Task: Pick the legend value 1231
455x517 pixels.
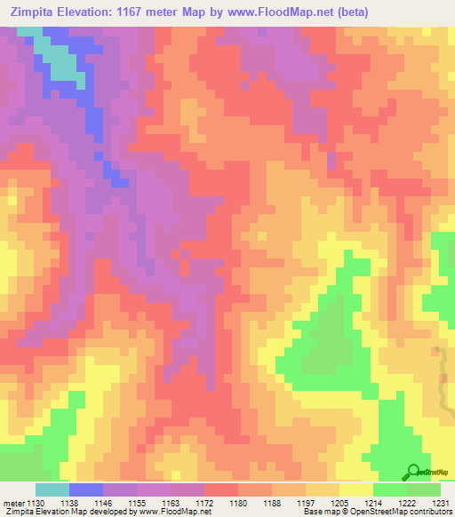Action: point(442,504)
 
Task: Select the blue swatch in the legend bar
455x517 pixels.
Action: point(85,490)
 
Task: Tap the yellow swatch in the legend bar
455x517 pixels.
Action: point(356,490)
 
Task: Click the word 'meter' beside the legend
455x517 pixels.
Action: point(12,504)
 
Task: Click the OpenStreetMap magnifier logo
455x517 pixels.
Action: point(413,472)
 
